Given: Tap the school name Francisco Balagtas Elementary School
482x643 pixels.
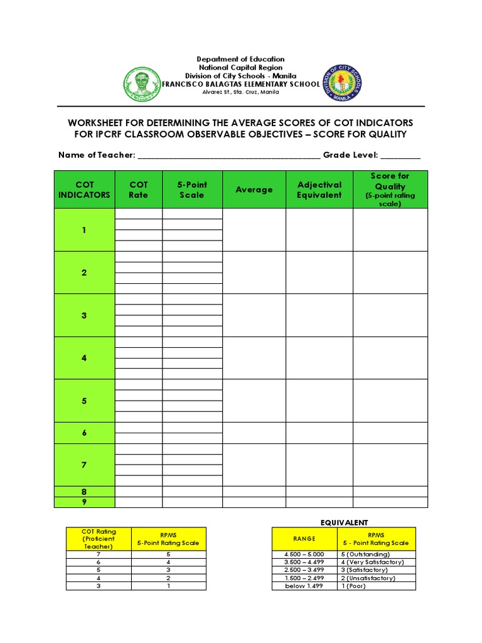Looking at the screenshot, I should coord(241,84).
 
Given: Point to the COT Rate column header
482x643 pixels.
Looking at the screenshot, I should coord(138,190).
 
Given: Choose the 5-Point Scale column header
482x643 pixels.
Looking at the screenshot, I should coord(192,190).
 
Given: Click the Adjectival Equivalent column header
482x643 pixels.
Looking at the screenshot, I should coord(319,190).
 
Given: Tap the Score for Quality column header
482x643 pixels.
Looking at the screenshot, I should coord(390,190).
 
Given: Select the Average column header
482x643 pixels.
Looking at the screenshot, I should coord(254,190).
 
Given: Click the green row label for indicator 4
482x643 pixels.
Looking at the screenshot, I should coord(84,358).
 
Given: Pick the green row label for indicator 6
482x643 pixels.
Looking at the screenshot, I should coord(84,433).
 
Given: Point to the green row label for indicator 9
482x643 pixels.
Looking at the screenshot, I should coord(84,502).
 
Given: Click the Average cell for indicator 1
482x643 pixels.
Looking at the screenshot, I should coord(254,230).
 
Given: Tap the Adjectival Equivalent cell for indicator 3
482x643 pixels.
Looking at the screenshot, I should coord(319,315).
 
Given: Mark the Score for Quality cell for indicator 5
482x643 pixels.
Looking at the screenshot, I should coord(390,401).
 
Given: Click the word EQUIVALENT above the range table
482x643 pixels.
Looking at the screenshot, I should coord(345,522).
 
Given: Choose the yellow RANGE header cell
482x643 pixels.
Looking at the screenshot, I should coord(304,539).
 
